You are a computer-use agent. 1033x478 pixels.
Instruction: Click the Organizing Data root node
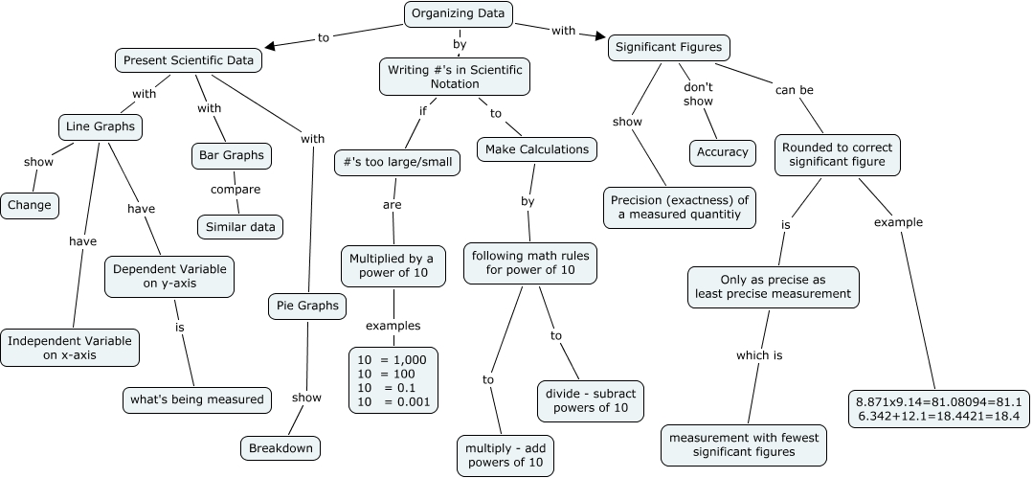pyautogui.click(x=459, y=13)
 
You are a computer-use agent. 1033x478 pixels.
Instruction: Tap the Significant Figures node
pyautogui.click(x=669, y=47)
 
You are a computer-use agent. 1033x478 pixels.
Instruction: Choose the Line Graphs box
pyautogui.click(x=100, y=125)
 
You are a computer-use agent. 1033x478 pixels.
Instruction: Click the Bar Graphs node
pyautogui.click(x=231, y=154)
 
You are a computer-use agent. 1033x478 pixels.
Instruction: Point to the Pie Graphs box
pyautogui.click(x=306, y=306)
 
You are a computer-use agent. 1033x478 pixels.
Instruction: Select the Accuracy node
pyautogui.click(x=722, y=152)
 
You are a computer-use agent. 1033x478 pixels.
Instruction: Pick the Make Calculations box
pyautogui.click(x=538, y=149)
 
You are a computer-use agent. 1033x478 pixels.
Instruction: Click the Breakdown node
pyautogui.click(x=280, y=447)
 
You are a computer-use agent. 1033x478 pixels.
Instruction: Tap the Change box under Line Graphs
pyautogui.click(x=30, y=204)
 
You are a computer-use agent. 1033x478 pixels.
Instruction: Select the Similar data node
pyautogui.click(x=239, y=227)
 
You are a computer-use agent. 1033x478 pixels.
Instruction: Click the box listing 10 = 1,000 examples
pyautogui.click(x=393, y=379)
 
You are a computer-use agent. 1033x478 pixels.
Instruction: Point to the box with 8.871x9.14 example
pyautogui.click(x=938, y=409)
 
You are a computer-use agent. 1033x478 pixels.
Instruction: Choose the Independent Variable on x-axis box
pyautogui.click(x=70, y=348)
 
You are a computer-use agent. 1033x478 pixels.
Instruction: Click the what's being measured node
pyautogui.click(x=197, y=398)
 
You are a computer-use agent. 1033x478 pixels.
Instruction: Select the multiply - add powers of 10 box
pyautogui.click(x=506, y=455)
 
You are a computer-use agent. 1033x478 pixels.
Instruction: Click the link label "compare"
pyautogui.click(x=235, y=190)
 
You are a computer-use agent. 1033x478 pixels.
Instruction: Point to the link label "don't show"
pyautogui.click(x=698, y=95)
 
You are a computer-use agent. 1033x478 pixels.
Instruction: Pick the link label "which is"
pyautogui.click(x=759, y=354)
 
